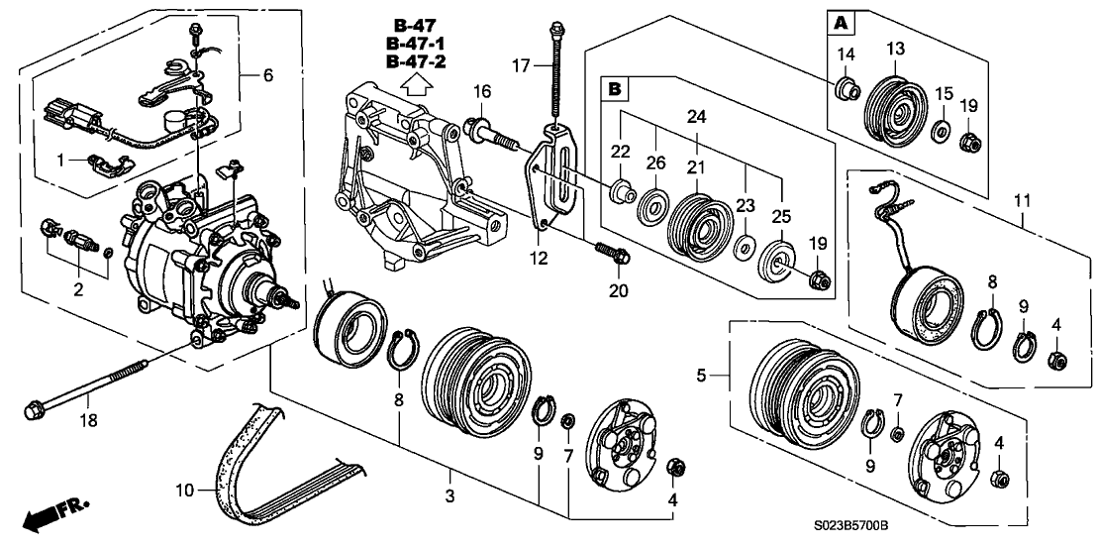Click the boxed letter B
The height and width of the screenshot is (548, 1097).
click(615, 90)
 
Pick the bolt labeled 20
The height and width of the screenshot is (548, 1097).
click(610, 254)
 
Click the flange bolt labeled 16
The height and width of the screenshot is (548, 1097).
click(485, 130)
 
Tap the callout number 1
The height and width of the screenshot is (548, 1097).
click(60, 161)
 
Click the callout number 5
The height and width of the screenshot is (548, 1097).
click(700, 376)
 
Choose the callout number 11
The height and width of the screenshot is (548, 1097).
click(1023, 201)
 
